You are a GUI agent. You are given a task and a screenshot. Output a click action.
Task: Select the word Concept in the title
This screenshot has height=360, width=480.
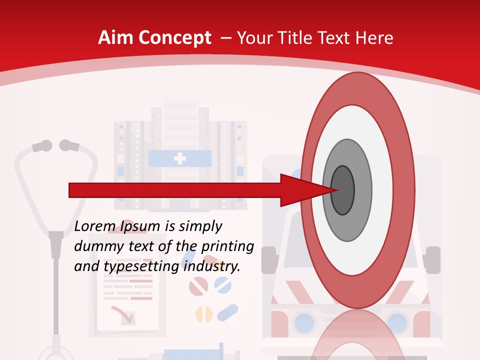(x=175, y=38)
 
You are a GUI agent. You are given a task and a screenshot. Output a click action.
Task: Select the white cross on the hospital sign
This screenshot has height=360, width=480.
(x=179, y=159)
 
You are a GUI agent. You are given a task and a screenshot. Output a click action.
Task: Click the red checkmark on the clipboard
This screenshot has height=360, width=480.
(x=122, y=314)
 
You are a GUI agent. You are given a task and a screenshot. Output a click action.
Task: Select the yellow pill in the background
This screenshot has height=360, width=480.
(x=203, y=314)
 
